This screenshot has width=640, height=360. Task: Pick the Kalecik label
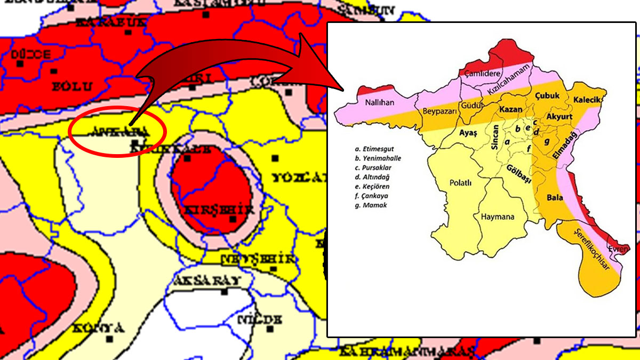(587, 100)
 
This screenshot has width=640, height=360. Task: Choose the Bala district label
(555, 197)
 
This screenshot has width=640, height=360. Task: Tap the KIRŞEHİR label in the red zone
(218, 210)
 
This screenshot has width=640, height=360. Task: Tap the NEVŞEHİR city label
(258, 259)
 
